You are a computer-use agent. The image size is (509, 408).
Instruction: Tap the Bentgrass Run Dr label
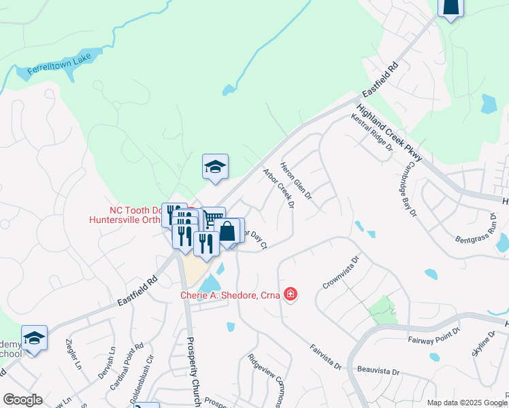pos(476,231)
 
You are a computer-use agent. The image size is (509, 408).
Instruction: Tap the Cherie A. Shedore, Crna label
pos(231,295)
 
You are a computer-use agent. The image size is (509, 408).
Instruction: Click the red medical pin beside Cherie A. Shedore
pos(291,294)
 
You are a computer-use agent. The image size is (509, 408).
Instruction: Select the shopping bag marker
pos(227,231)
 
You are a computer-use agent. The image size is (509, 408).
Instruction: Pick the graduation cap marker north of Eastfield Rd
pos(215,167)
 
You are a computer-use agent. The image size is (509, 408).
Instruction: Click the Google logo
pos(22,400)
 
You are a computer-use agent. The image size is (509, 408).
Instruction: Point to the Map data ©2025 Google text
pos(465,403)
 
